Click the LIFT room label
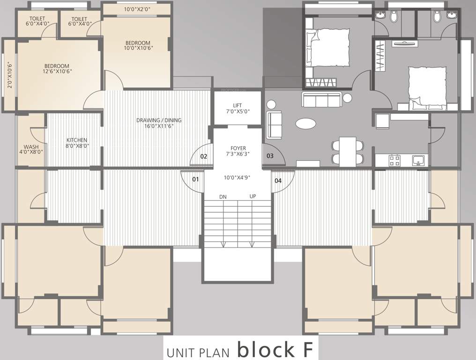click(x=238, y=105)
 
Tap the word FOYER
click(x=238, y=148)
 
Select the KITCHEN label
click(x=76, y=140)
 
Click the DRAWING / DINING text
click(x=159, y=120)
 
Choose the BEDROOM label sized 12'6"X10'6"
click(x=57, y=66)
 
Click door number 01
click(x=195, y=179)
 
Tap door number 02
click(x=204, y=156)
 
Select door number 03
click(x=270, y=156)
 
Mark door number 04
click(x=278, y=180)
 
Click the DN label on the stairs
click(x=223, y=196)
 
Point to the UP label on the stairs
click(x=253, y=196)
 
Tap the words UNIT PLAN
click(x=198, y=351)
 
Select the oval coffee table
click(x=305, y=123)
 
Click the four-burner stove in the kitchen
click(x=394, y=160)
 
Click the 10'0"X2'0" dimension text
click(x=136, y=9)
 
